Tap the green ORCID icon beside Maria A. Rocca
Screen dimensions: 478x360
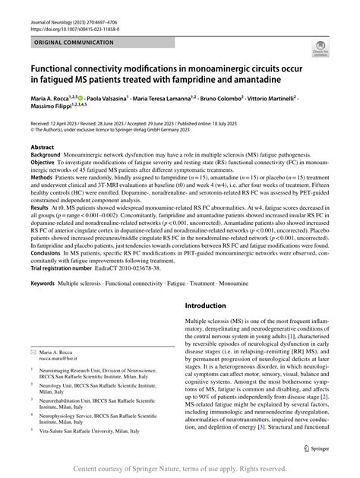pyautogui.click(x=81, y=99)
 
